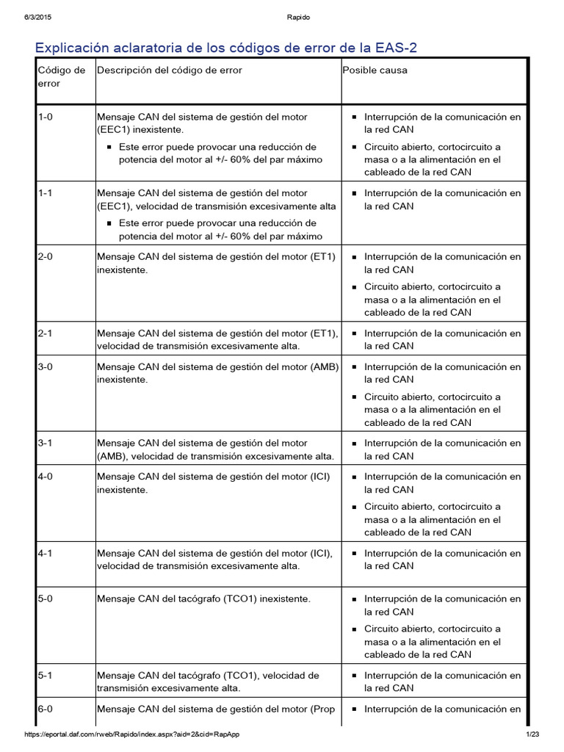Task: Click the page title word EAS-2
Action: point(401,48)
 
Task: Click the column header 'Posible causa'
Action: point(375,70)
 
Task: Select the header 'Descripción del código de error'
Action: point(170,70)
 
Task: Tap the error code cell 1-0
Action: point(45,117)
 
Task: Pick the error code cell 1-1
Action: point(45,193)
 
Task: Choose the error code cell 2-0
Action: point(45,257)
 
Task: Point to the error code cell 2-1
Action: point(45,333)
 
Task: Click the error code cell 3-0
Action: point(45,366)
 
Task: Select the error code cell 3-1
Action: point(45,444)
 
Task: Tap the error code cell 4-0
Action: point(45,477)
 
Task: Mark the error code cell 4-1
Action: point(45,553)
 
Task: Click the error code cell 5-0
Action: point(45,599)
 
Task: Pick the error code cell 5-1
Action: point(45,675)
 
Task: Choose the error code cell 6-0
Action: point(45,709)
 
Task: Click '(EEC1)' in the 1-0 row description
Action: point(114,129)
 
